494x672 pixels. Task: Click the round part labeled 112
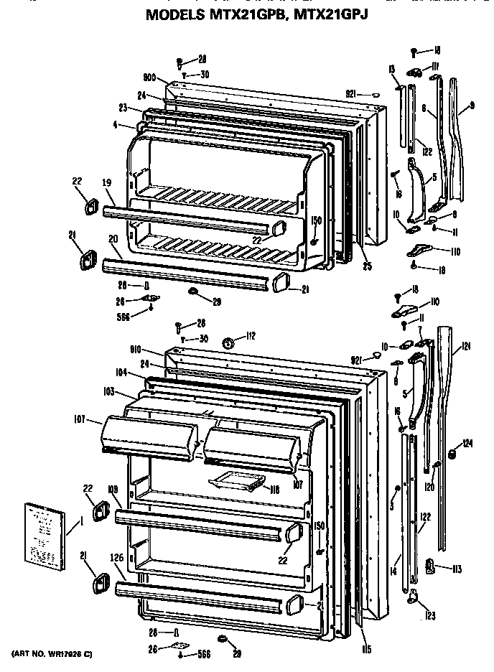tap(229, 344)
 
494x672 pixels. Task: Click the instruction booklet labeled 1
tap(43, 533)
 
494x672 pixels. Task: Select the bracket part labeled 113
tap(431, 567)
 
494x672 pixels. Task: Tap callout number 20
tap(114, 239)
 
